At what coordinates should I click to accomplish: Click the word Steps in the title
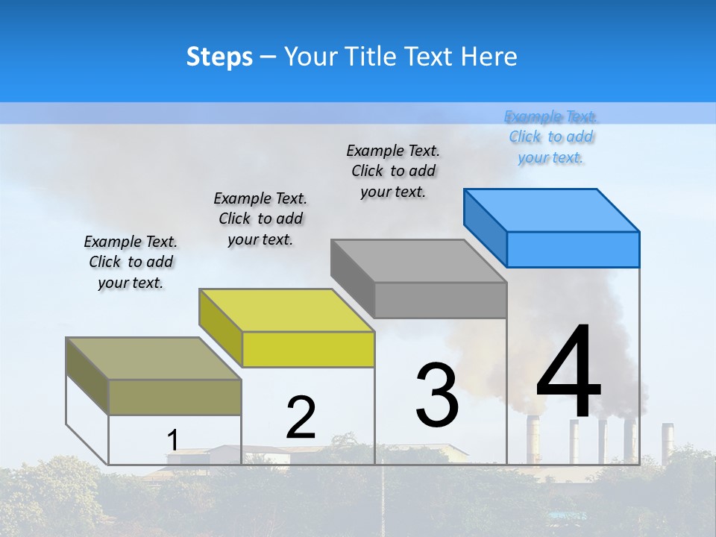coord(219,57)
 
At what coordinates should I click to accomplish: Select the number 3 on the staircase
coord(437,395)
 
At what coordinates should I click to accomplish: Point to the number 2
coord(301,418)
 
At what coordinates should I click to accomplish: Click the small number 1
coord(172,440)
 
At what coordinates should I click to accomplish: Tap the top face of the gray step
coord(419,260)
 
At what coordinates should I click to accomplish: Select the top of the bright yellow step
coord(287,310)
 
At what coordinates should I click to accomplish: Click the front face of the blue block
coord(573,249)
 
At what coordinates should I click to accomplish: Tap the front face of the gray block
coord(440,300)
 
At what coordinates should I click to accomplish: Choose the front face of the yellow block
coord(308,349)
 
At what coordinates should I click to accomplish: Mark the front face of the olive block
coord(175,397)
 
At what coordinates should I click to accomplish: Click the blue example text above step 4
coord(551,136)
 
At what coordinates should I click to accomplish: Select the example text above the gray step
coord(393,171)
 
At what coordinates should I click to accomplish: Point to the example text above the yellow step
coord(260,219)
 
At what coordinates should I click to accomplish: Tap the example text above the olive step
coord(131,262)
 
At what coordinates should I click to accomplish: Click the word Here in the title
coord(489,57)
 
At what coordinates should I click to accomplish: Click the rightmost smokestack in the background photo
coord(668,440)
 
